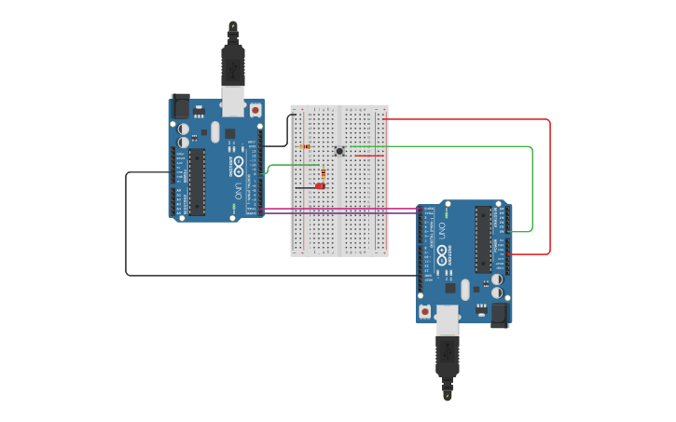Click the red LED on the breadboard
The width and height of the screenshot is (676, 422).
point(320,186)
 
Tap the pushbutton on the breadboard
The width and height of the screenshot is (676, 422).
point(339,151)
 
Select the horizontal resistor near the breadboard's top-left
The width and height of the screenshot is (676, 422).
point(307,146)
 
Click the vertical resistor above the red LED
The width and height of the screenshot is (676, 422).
point(324,172)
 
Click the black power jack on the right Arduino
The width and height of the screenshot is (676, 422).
point(501,315)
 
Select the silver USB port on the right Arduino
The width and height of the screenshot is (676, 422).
point(448,320)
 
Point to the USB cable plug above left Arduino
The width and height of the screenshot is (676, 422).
point(232,64)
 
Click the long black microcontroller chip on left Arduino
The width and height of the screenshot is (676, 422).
point(197,182)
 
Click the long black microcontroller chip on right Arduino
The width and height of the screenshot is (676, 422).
point(483,239)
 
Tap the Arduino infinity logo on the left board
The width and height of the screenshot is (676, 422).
point(239,168)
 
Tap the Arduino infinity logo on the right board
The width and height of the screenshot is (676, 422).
point(441,253)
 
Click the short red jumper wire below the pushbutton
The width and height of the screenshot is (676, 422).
point(367,156)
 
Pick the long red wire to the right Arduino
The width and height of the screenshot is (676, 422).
point(550,186)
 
